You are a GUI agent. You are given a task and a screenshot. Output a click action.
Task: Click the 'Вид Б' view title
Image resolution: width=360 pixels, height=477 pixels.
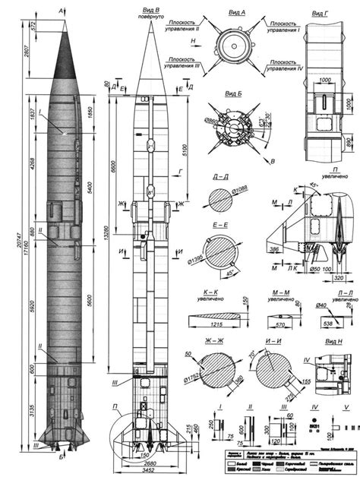click(235, 93)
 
